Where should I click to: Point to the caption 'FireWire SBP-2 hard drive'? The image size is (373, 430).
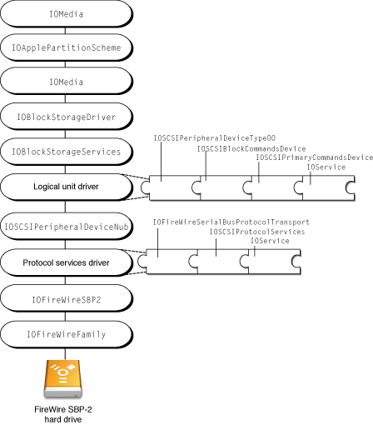pyautogui.click(x=64, y=414)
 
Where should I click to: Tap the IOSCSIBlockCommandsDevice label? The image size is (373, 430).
pyautogui.click(x=251, y=148)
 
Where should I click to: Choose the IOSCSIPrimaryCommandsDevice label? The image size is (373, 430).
pyautogui.click(x=313, y=157)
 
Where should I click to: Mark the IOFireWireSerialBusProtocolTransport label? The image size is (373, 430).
pyautogui.click(x=231, y=222)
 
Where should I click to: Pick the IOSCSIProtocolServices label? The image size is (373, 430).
pyautogui.click(x=256, y=232)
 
